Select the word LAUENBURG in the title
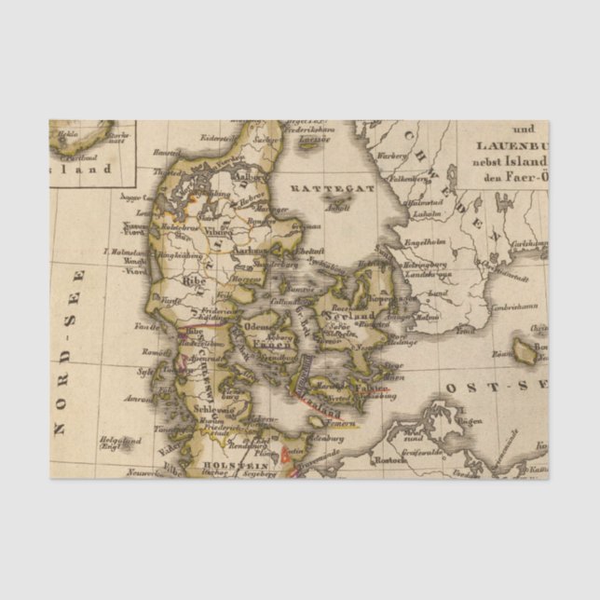point(511,145)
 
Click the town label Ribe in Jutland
point(195,279)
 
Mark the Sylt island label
point(145,371)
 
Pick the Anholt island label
point(337,208)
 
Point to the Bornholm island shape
point(525,350)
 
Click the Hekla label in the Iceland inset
point(68,133)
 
